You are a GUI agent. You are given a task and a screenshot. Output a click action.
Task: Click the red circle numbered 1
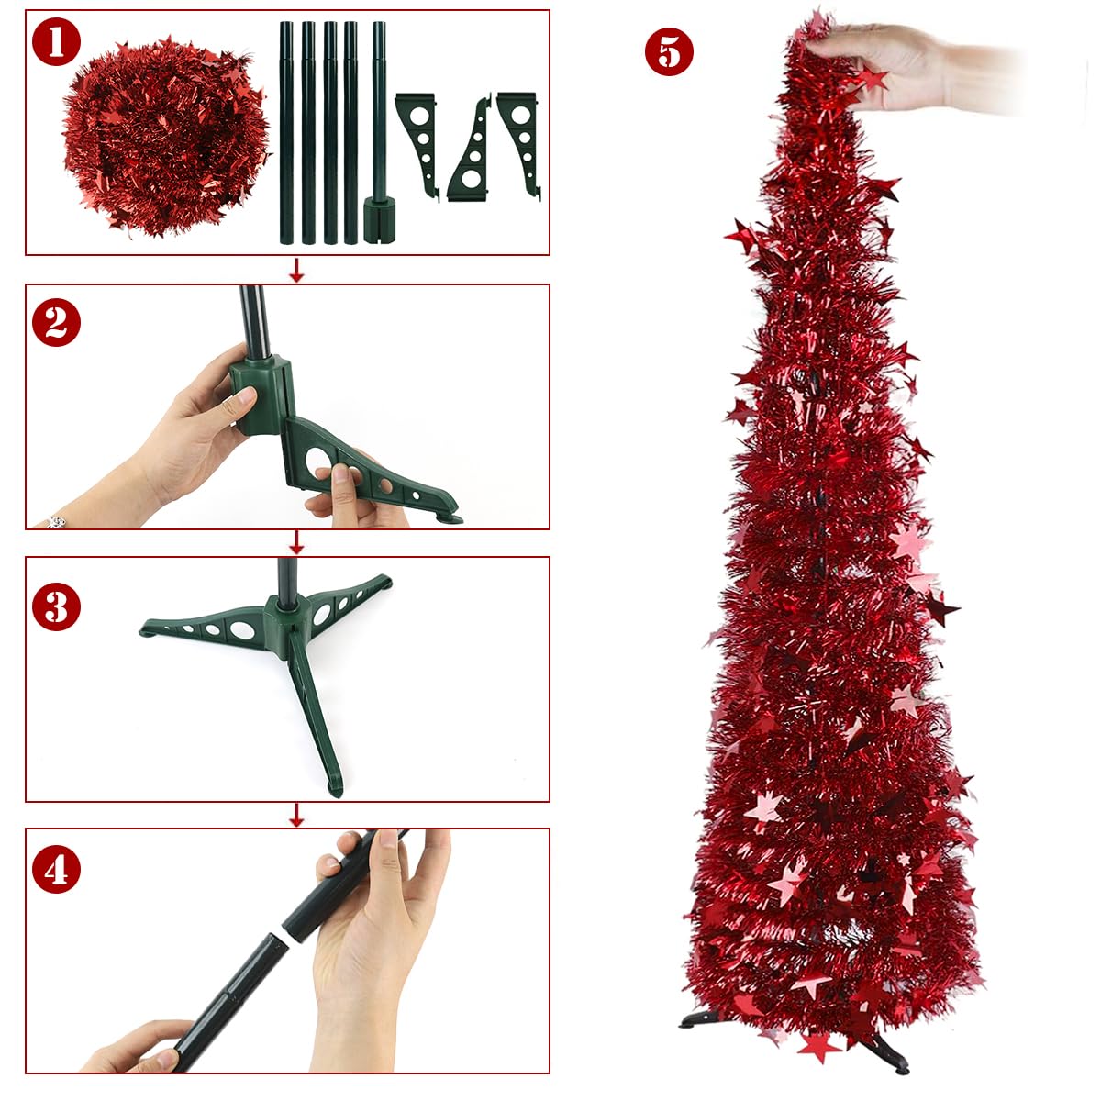(56, 42)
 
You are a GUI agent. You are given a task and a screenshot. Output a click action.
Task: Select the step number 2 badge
(56, 322)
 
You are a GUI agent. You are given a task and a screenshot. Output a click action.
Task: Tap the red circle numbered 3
(56, 606)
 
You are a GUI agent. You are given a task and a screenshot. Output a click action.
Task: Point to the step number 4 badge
(56, 870)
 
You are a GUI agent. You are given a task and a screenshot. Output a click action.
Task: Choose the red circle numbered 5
(669, 51)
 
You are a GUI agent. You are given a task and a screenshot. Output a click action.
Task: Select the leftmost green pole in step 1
(286, 133)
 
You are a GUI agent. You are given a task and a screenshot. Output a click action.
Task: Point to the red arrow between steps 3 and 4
(295, 815)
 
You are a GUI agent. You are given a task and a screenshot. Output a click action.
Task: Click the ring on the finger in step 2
(56, 521)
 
